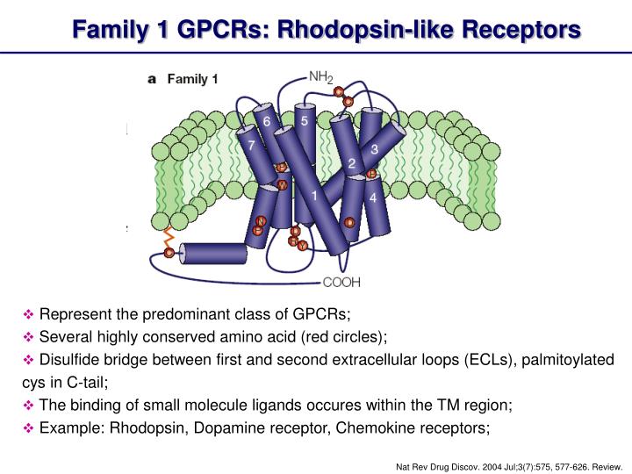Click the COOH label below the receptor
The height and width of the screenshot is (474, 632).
pos(342,282)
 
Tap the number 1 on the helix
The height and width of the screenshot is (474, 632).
pos(314,197)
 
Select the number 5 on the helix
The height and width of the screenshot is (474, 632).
pos(304,122)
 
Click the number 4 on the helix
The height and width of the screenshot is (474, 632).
pos(374,197)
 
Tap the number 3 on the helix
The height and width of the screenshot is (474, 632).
pos(374,149)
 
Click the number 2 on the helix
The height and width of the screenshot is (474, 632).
pos(351,163)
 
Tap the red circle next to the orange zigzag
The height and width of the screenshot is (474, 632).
pos(169,253)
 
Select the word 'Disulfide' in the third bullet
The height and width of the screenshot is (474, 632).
pos(69,361)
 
